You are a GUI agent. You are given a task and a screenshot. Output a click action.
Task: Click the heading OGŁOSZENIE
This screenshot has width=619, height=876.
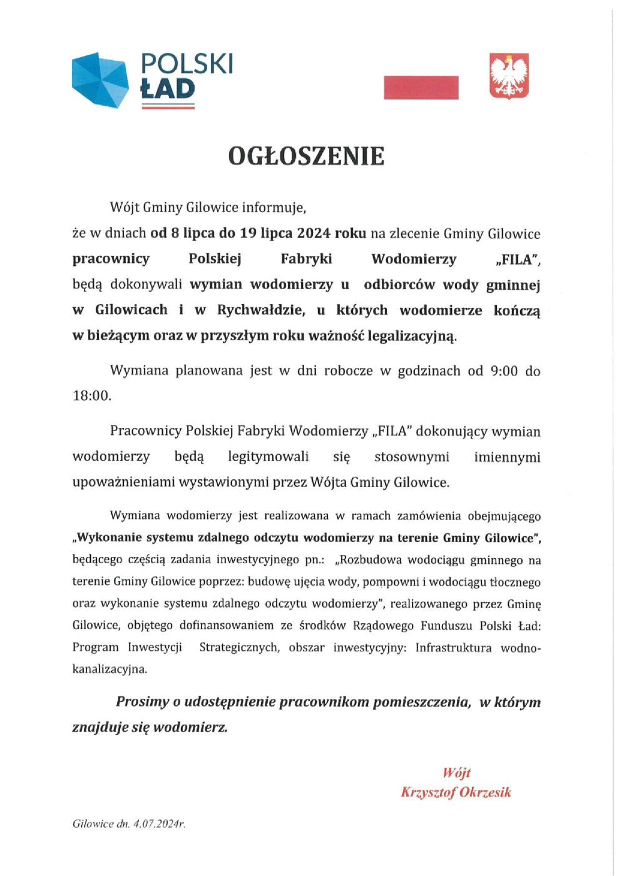pyautogui.click(x=306, y=156)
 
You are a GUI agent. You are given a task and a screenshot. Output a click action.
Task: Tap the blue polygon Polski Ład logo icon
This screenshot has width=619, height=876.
pyautogui.click(x=100, y=79)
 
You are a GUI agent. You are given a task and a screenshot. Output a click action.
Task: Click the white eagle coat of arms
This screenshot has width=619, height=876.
pyautogui.click(x=509, y=76)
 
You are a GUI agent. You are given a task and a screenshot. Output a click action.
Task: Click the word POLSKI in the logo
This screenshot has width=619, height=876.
pyautogui.click(x=187, y=64)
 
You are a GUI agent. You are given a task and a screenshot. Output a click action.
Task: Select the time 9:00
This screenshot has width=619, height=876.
pyautogui.click(x=504, y=371)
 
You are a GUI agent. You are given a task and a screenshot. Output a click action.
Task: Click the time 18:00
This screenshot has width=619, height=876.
pyautogui.click(x=91, y=396)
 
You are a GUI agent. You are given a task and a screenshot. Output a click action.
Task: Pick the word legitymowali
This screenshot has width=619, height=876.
pyautogui.click(x=268, y=457)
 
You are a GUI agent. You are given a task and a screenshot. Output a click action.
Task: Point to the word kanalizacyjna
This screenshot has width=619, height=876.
pyautogui.click(x=110, y=669)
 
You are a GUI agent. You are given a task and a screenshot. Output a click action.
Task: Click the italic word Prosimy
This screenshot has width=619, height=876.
pyautogui.click(x=142, y=702)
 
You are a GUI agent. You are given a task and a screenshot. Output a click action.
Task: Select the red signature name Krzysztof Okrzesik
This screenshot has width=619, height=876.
pyautogui.click(x=456, y=792)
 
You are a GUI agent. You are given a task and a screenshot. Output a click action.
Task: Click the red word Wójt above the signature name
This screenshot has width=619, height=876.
pyautogui.click(x=456, y=773)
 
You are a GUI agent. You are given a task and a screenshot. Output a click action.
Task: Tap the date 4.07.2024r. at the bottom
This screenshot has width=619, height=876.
pyautogui.click(x=158, y=824)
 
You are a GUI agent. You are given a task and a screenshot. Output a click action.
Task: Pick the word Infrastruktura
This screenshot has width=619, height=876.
pyautogui.click(x=453, y=648)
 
